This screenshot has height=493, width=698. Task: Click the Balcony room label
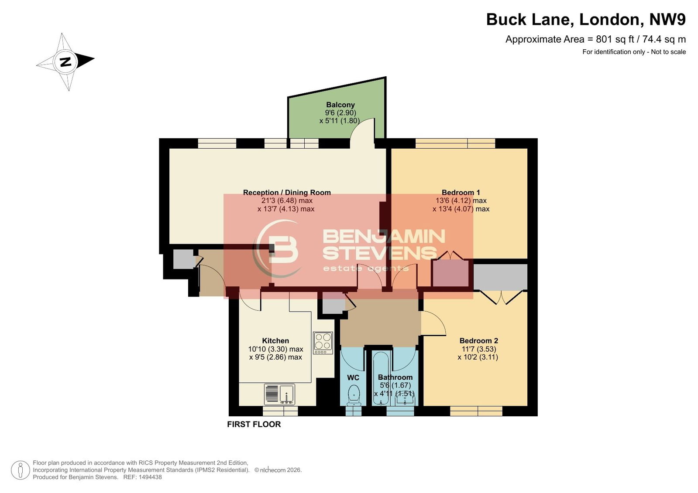(x=340, y=105)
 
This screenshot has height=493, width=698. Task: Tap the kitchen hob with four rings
(x=323, y=343)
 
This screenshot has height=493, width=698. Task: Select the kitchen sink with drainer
(x=279, y=394)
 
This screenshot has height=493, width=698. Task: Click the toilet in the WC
(x=354, y=395)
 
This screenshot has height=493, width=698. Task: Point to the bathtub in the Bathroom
(x=380, y=378)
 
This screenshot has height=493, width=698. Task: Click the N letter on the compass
(x=65, y=62)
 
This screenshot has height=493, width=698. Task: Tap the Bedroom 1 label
(x=461, y=193)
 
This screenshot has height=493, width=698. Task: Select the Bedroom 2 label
(x=478, y=341)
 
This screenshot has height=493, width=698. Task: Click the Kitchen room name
(x=275, y=341)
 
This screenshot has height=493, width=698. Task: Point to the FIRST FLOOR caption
(x=254, y=424)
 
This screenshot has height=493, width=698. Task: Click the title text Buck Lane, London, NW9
(x=586, y=19)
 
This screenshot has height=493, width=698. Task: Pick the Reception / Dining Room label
(x=287, y=193)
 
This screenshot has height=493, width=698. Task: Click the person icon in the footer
(x=20, y=470)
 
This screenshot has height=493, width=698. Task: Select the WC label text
(x=353, y=377)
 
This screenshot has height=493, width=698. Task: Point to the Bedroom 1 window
(x=455, y=143)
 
